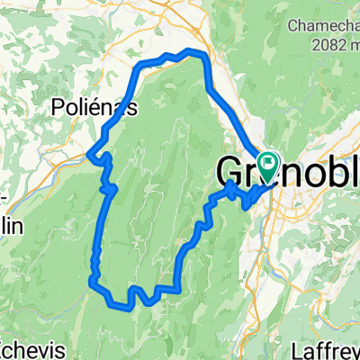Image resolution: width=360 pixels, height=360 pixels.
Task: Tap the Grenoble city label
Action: click(x=287, y=170)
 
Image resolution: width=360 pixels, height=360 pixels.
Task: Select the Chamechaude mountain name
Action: click(x=323, y=26)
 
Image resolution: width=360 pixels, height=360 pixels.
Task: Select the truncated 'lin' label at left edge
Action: click(x=12, y=226)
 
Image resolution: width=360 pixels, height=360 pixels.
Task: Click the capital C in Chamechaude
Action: click(x=292, y=26)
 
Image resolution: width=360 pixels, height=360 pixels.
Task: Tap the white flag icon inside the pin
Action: click(x=268, y=161)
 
